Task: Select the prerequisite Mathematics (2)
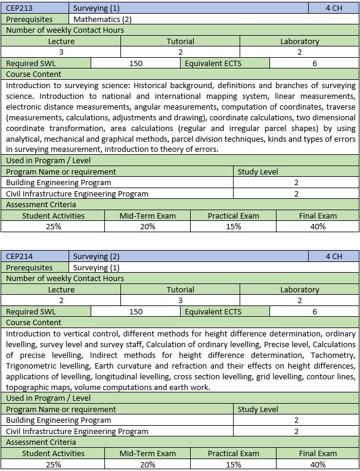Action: tap(102, 19)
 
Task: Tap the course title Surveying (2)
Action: tap(96, 257)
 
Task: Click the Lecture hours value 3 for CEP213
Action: tap(61, 52)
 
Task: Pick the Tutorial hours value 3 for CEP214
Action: tap(180, 301)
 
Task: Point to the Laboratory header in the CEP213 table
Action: tap(299, 42)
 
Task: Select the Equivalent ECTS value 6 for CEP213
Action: tap(314, 63)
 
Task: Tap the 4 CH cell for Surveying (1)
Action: tap(334, 8)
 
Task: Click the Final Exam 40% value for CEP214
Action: tap(318, 464)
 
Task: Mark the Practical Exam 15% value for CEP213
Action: tap(233, 226)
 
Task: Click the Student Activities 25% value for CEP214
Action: tap(53, 464)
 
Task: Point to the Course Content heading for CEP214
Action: tap(33, 322)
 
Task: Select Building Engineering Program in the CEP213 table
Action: tap(58, 183)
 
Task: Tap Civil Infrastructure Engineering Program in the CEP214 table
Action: tap(77, 431)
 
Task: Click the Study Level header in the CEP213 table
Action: tap(257, 172)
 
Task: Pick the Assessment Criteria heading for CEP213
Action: tap(36, 204)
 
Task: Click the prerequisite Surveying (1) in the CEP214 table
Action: tap(96, 267)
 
